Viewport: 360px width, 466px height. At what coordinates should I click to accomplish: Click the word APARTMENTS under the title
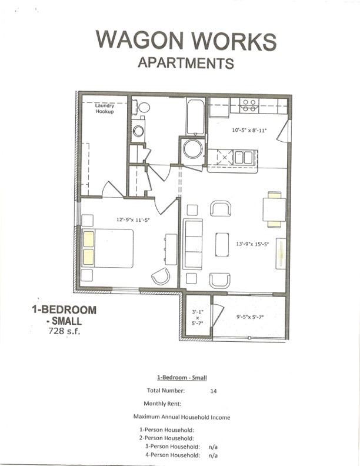click(x=185, y=63)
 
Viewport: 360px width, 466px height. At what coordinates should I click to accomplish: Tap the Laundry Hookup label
click(x=105, y=108)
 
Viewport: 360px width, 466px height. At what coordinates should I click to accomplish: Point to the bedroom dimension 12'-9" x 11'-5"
click(x=133, y=219)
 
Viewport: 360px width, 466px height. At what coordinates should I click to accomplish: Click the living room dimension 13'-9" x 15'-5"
click(x=252, y=244)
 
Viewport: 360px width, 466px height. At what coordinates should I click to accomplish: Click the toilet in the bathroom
click(x=135, y=108)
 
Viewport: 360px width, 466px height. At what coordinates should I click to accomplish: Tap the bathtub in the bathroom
click(x=195, y=117)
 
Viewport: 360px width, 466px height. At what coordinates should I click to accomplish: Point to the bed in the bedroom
click(x=109, y=247)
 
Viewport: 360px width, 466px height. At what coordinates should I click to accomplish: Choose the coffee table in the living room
click(x=222, y=244)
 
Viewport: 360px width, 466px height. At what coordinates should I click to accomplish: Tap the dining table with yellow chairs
click(x=274, y=209)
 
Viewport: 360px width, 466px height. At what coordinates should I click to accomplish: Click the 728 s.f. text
click(x=66, y=332)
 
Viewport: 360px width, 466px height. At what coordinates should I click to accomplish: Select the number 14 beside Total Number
click(x=212, y=390)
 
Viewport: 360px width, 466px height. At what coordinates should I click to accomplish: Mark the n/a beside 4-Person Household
click(x=212, y=455)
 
